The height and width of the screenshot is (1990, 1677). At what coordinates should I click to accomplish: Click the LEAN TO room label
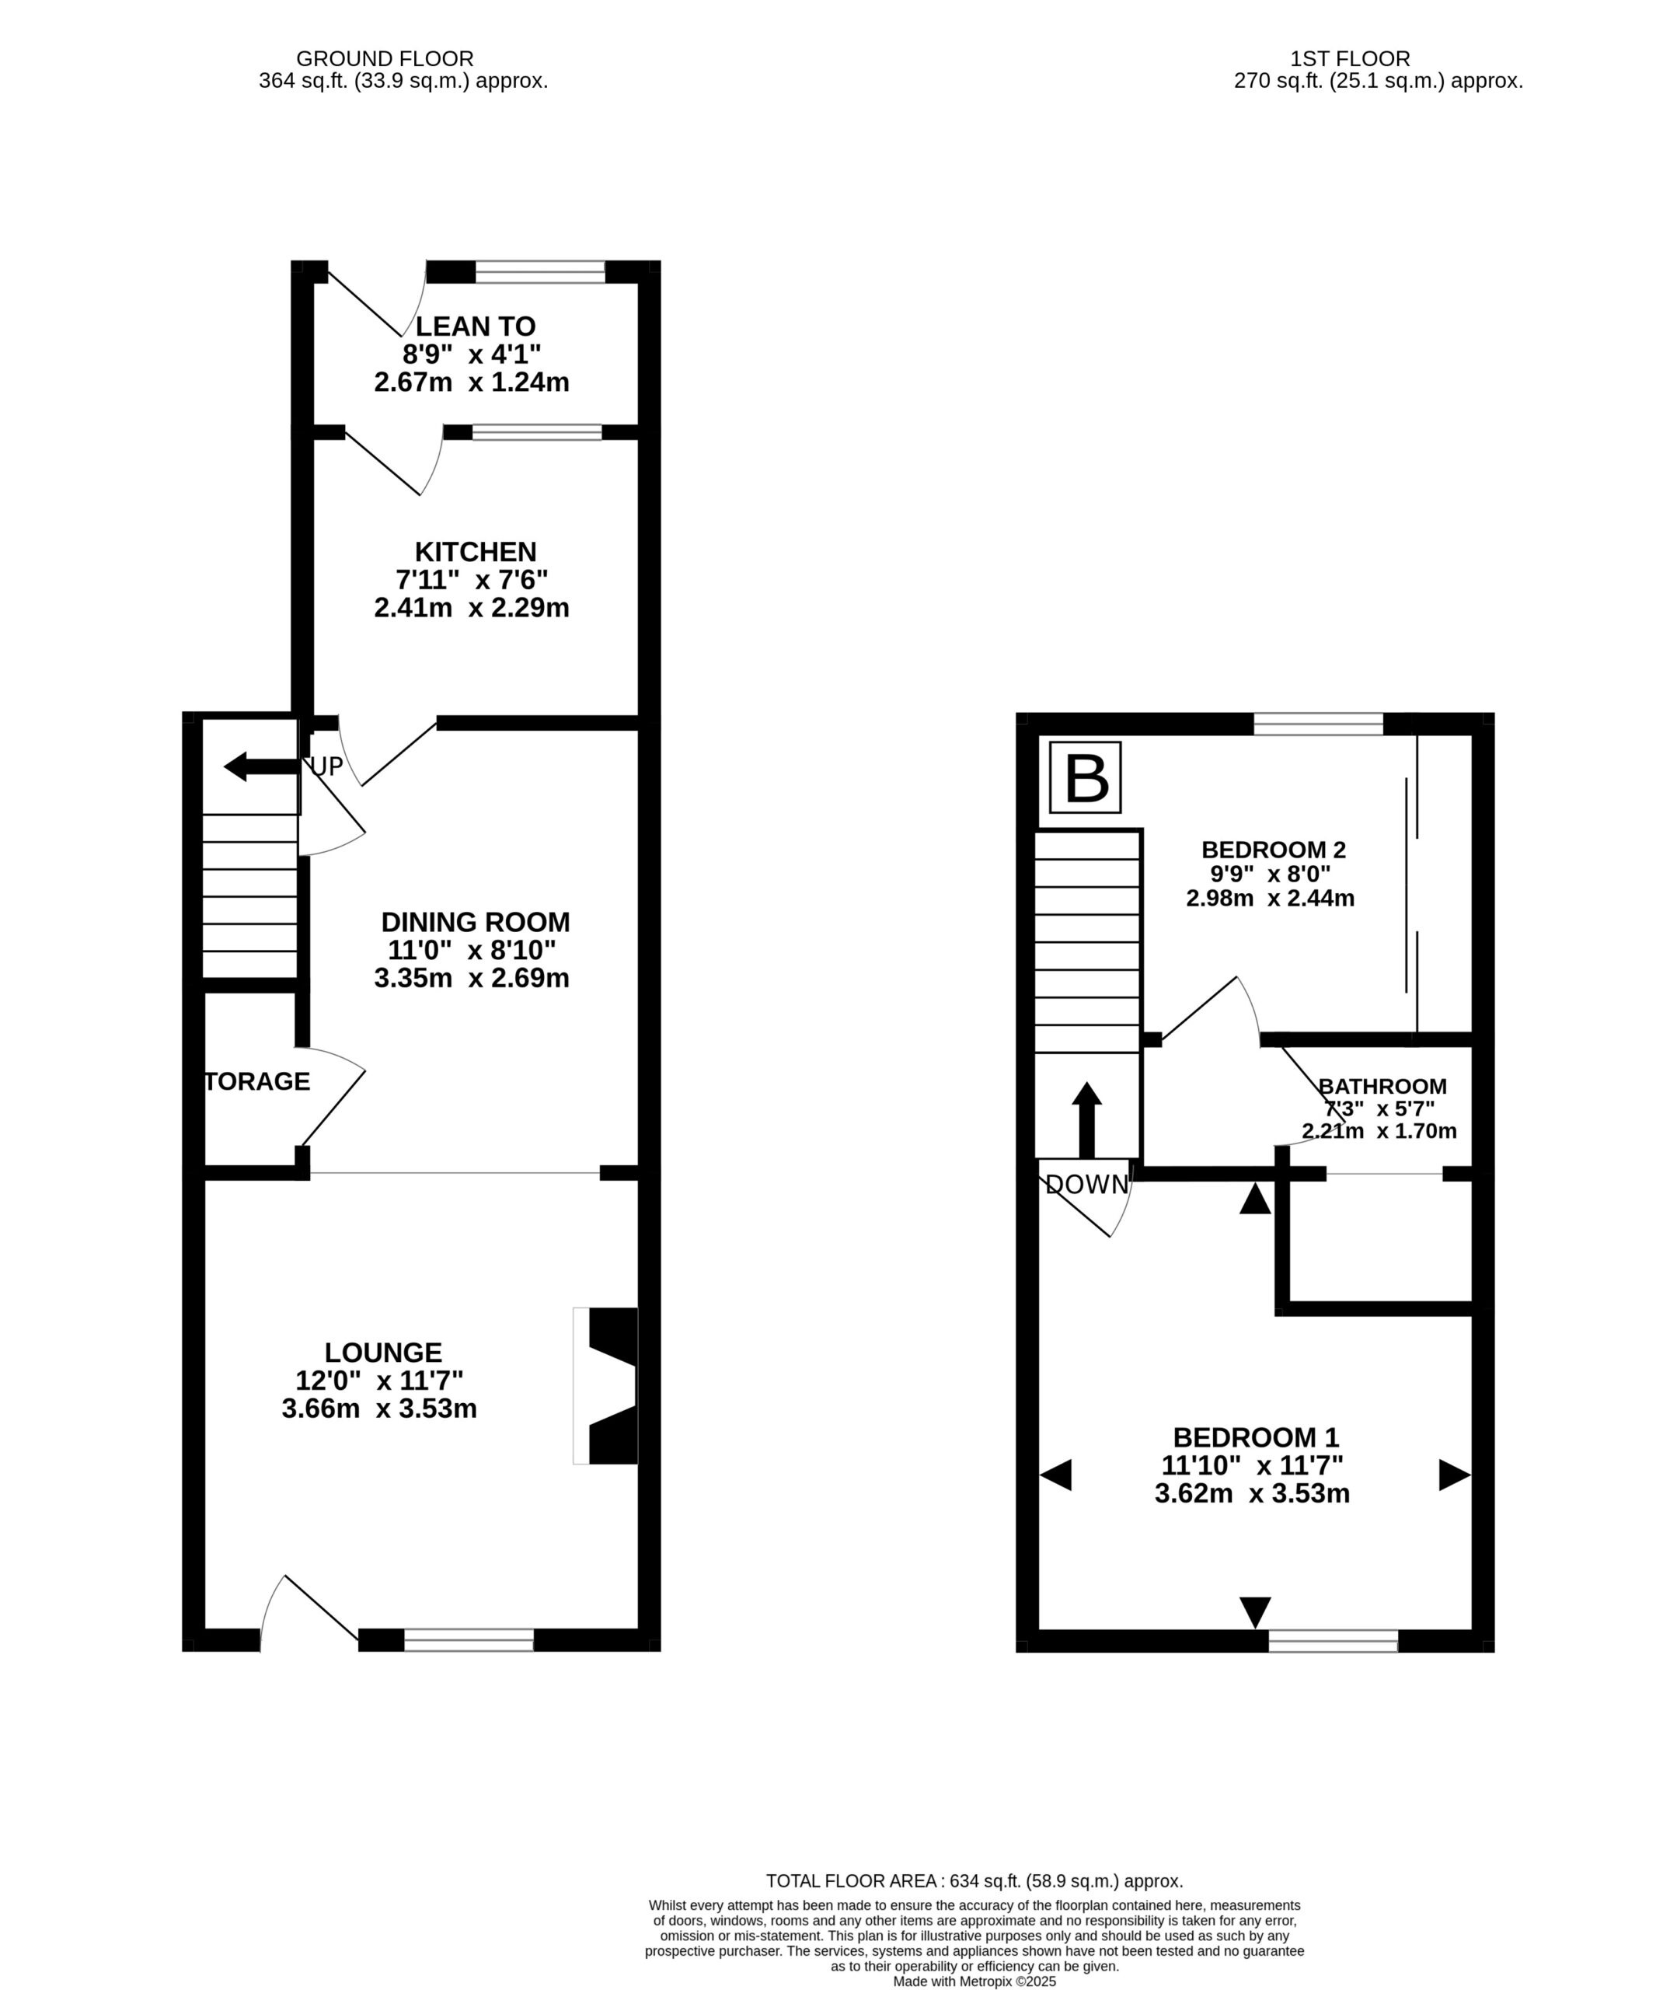coord(476,326)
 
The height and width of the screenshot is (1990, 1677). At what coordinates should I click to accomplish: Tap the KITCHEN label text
coord(476,551)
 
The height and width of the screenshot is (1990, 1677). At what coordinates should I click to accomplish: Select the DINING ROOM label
coord(476,922)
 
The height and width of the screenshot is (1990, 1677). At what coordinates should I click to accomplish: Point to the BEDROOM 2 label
coord(1273,849)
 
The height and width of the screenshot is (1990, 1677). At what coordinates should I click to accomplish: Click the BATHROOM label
coord(1382,1086)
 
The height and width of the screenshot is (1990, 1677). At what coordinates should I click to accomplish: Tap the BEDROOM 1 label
coord(1256,1437)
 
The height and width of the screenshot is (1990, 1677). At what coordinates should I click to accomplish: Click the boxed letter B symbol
coord(1085,778)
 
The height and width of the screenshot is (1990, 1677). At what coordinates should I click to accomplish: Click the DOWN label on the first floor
coord(1086,1185)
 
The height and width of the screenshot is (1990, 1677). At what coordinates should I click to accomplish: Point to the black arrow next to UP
coord(261,766)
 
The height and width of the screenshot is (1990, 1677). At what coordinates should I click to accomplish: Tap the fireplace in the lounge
coord(605,1386)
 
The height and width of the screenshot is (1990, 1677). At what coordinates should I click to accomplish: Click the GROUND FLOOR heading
coord(385,59)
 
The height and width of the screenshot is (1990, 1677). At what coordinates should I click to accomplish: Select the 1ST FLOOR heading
coord(1350,59)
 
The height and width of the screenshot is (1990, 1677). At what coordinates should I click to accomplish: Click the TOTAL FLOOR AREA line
coord(974,1880)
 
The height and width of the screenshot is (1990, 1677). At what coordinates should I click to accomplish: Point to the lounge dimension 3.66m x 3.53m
coord(379,1408)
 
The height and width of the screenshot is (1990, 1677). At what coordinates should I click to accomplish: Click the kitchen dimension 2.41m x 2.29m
coord(472,608)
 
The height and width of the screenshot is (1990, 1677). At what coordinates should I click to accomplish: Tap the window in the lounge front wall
coord(469,1639)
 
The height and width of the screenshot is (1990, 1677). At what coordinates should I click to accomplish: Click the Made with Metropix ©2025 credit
coord(974,1981)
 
